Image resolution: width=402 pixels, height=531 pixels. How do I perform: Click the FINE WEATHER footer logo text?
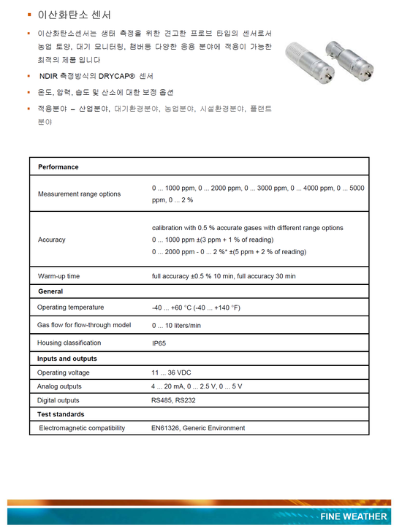tap(353, 516)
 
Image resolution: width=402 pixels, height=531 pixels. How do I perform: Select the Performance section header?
tap(58, 167)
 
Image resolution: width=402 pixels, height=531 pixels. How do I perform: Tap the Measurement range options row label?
tap(80, 194)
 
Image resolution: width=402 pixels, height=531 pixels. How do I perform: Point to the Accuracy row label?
tap(52, 240)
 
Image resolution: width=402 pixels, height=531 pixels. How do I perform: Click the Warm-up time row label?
tap(59, 276)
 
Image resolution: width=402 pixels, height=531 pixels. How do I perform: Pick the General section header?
tap(50, 291)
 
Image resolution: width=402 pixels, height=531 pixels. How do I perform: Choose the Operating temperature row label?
tap(71, 307)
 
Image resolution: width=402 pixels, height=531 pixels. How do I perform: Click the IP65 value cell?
tap(159, 343)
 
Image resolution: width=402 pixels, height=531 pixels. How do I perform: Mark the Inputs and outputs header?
tap(67, 359)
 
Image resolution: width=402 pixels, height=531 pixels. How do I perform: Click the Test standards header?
tap(61, 414)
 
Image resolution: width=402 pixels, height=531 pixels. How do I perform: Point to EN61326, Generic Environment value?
tap(198, 428)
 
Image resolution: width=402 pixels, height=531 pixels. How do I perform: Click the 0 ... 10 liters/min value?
tap(176, 326)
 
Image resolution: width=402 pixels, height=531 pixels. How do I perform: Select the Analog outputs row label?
tap(60, 386)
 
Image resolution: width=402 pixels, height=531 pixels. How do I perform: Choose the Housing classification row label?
tap(69, 343)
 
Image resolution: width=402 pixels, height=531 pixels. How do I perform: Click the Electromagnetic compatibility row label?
tap(82, 428)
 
